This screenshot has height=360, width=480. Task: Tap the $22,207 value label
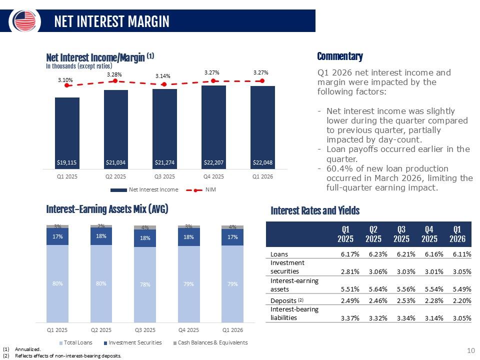tap(213, 162)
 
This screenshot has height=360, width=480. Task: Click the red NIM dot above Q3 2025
tap(164, 84)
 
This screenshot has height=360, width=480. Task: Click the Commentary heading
tap(340, 56)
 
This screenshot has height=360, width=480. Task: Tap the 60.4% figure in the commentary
tap(336, 168)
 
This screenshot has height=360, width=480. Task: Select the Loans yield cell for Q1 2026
tap(461, 254)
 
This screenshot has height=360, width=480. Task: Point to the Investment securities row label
tap(287, 267)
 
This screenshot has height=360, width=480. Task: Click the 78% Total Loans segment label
tap(145, 284)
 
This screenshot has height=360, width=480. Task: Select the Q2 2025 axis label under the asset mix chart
tap(101, 330)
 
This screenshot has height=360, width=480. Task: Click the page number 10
tap(470, 351)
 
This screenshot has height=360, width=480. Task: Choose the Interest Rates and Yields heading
tap(315, 211)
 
